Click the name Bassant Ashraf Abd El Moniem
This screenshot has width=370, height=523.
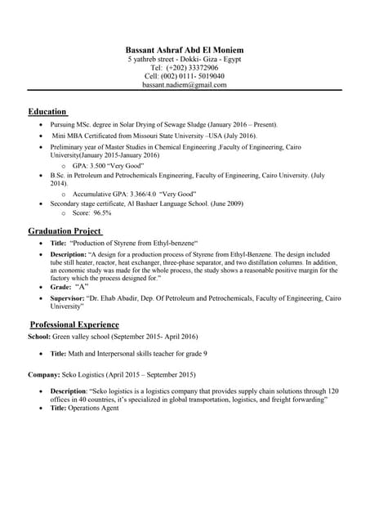[x=185, y=51]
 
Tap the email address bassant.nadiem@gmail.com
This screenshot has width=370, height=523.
[x=185, y=84]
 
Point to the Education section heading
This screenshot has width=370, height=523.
[x=47, y=111]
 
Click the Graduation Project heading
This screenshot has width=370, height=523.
[x=65, y=231]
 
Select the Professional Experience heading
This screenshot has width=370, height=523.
[x=74, y=324]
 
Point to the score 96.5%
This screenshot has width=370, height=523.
[x=102, y=212]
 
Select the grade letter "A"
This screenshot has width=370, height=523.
[x=82, y=288]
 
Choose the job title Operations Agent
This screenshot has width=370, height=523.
[x=94, y=408]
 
